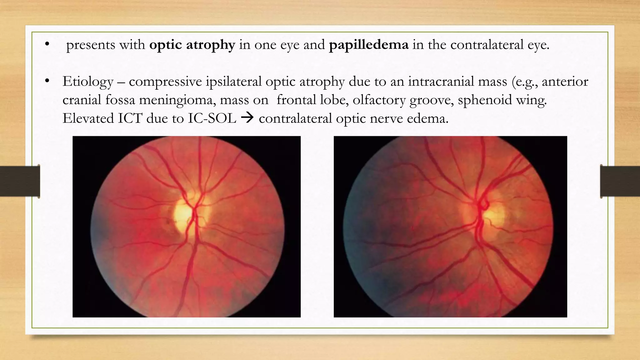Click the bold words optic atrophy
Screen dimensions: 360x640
coord(192,45)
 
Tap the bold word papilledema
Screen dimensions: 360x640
coord(368,45)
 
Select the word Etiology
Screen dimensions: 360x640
coord(88,82)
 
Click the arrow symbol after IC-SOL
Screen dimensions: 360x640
coord(247,118)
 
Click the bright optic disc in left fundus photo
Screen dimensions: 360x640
coord(183,216)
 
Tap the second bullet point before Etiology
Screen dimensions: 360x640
coord(47,81)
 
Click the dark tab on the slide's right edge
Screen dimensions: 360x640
coord(620,181)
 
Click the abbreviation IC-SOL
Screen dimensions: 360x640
coord(212,118)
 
